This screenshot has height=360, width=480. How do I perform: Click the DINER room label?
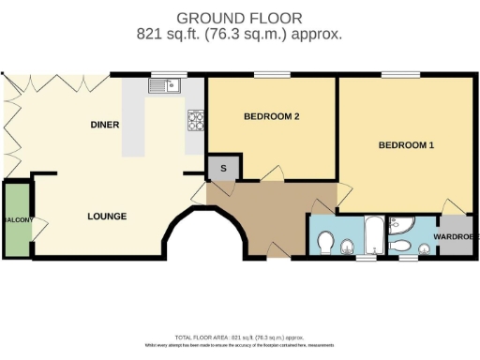(105, 125)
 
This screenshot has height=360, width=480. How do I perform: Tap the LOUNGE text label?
(107, 217)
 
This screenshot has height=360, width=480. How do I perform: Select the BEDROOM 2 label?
(271, 117)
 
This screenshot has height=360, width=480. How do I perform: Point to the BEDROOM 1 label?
(406, 145)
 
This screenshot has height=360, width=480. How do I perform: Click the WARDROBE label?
(457, 236)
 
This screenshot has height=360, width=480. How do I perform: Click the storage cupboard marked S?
(223, 168)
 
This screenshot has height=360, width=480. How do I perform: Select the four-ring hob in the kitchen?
(197, 119)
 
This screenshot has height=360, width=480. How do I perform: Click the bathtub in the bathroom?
(372, 234)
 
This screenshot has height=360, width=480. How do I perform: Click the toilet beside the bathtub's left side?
(325, 243)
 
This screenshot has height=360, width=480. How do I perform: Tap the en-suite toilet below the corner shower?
(400, 246)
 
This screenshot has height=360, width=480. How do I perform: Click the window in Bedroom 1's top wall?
(399, 75)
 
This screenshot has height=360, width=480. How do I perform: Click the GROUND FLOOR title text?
(240, 18)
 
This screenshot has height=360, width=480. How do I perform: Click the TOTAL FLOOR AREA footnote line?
(240, 336)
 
